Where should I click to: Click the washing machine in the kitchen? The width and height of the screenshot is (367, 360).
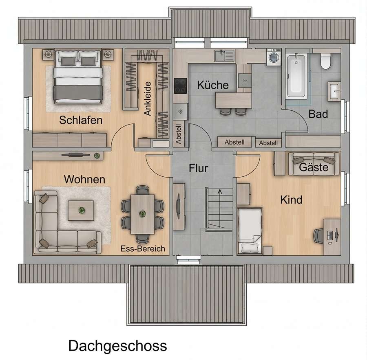(x=274, y=57)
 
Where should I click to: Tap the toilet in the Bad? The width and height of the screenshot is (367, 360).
(x=325, y=61)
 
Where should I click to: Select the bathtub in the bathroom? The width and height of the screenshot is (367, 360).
(x=296, y=76)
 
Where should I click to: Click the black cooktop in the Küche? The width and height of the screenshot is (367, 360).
(x=181, y=86)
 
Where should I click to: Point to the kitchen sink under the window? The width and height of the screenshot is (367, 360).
(x=224, y=56)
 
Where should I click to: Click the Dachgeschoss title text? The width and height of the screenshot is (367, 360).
(x=118, y=345)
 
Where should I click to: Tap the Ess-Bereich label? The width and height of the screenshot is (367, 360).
(x=143, y=248)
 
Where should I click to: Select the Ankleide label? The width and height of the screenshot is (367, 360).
(x=148, y=99)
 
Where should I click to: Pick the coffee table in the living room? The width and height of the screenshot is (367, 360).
(x=81, y=211)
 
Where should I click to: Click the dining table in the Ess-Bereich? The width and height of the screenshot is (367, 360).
(x=143, y=214)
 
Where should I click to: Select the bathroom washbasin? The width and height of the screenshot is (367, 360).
(x=334, y=91)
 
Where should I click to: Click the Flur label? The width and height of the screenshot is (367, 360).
(x=199, y=168)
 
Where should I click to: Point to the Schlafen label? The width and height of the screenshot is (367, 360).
(x=81, y=120)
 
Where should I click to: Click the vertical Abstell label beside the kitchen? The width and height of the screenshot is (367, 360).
(x=178, y=134)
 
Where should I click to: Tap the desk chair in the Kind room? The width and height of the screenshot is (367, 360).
(x=318, y=236)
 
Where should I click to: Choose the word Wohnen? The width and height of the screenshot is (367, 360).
(x=84, y=179)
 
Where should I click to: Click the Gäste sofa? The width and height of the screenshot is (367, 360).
(x=314, y=164)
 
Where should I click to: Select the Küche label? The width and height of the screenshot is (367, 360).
(x=213, y=85)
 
